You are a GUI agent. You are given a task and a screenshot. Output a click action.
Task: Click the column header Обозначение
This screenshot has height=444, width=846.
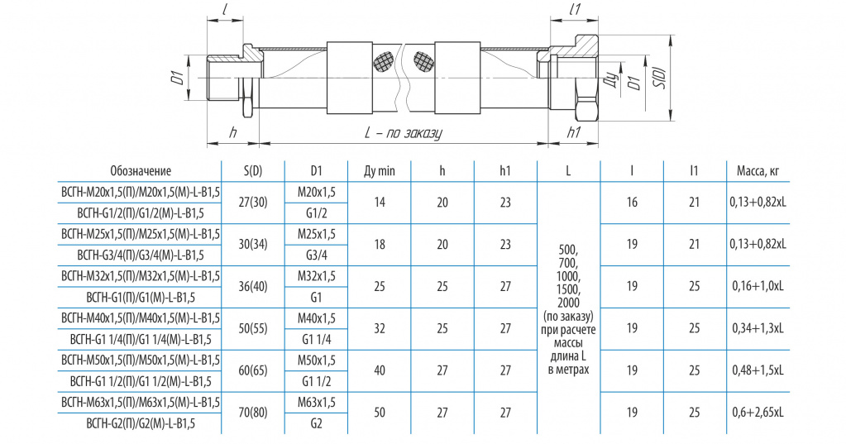click(x=141, y=171)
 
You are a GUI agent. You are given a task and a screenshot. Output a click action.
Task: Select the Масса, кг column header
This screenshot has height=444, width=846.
click(x=758, y=171)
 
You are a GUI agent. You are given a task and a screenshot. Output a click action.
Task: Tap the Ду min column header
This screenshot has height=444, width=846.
click(x=380, y=171)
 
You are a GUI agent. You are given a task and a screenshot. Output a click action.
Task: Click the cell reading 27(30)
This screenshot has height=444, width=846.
click(x=253, y=203)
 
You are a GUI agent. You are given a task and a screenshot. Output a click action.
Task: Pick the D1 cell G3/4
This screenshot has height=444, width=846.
click(x=317, y=255)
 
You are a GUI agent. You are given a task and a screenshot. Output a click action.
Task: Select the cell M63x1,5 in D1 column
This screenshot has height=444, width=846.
click(x=317, y=402)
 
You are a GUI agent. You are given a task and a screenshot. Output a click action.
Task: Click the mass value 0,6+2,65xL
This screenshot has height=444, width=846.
click(x=758, y=413)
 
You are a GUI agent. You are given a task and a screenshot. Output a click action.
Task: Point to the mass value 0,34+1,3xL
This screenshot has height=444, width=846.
click(x=758, y=328)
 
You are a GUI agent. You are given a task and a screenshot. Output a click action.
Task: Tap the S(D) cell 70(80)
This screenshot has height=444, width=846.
click(x=253, y=413)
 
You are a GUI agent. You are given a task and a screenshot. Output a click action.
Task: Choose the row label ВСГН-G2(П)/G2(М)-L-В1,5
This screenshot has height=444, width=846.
click(x=141, y=423)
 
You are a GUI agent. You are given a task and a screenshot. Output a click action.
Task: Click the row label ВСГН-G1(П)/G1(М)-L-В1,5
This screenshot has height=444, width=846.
click(x=141, y=298)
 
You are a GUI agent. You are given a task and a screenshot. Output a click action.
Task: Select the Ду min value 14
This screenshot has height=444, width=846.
click(x=380, y=203)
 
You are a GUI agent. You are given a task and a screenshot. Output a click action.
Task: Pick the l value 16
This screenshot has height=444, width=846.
click(x=632, y=203)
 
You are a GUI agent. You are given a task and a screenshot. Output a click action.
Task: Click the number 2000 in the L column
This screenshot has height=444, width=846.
click(x=569, y=303)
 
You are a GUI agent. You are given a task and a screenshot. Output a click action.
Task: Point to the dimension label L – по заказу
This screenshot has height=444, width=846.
click(x=403, y=133)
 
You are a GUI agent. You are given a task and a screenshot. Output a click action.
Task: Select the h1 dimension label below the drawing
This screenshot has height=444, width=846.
click(x=574, y=132)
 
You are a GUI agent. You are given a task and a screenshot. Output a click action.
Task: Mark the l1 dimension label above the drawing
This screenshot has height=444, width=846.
click(x=574, y=9)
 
